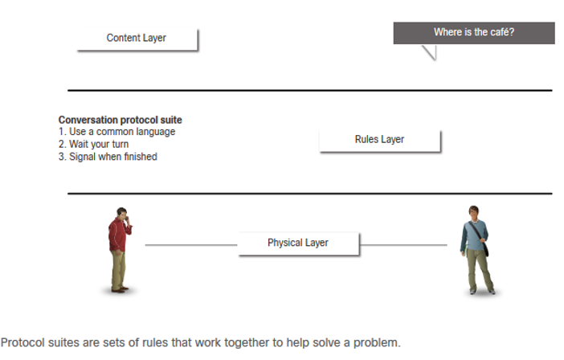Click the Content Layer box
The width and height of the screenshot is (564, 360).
(x=137, y=39)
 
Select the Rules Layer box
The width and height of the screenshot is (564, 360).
(x=380, y=141)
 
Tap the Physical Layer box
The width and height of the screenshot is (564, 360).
(x=298, y=243)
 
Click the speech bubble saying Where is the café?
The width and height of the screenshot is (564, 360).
(x=474, y=33)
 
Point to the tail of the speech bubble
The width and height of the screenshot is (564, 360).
(x=431, y=52)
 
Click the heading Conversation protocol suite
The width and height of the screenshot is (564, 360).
(x=121, y=120)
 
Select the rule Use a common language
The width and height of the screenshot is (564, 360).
(x=117, y=132)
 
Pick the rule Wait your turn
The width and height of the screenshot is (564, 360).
(x=93, y=144)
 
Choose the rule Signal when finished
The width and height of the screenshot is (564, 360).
(x=108, y=157)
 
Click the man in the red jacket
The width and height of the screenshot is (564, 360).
(x=120, y=250)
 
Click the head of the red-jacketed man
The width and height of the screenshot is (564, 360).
(x=122, y=213)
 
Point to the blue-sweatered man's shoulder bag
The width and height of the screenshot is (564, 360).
(x=485, y=247)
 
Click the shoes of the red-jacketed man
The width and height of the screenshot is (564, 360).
(x=120, y=289)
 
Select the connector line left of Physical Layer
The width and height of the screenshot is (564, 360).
(x=191, y=245)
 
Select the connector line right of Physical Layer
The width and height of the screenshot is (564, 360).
(x=403, y=245)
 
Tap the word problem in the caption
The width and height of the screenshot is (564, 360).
(x=377, y=343)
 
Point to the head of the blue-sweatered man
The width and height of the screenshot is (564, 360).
(x=473, y=212)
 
